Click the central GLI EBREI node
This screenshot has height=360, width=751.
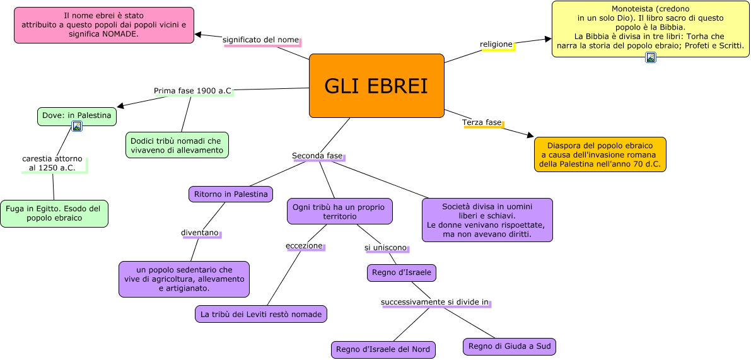click(376, 86)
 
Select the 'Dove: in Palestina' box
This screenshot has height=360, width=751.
click(76, 115)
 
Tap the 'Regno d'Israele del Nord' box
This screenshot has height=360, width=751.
click(383, 349)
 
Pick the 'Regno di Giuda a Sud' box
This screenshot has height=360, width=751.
click(509, 346)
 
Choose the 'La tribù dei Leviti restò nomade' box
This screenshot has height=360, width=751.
click(261, 313)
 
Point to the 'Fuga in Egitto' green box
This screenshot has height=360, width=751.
click(54, 214)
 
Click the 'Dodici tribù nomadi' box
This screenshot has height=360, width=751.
click(177, 145)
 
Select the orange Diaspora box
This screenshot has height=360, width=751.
click(600, 154)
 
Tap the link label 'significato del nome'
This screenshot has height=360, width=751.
click(261, 40)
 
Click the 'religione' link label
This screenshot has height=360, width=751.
click(496, 44)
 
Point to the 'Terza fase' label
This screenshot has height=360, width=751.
click(482, 122)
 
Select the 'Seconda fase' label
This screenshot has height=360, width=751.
click(317, 156)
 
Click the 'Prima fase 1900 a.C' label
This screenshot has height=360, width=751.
click(192, 91)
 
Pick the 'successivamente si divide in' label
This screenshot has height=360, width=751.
click(435, 303)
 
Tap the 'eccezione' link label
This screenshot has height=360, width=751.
click(304, 246)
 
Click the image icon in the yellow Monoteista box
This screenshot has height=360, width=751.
click(651, 58)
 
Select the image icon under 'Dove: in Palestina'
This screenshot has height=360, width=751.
click(77, 127)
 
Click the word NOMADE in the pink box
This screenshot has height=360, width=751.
click(118, 33)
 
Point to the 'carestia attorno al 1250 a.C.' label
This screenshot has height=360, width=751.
click(52, 163)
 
